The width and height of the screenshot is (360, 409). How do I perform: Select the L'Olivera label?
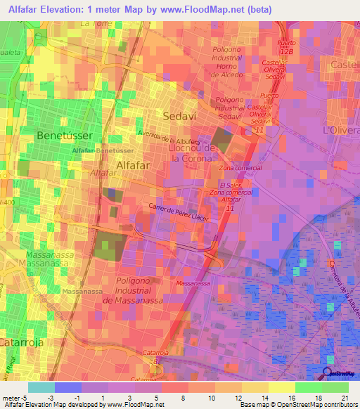(340, 131)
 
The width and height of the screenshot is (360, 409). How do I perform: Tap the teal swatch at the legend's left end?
(41, 387)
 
